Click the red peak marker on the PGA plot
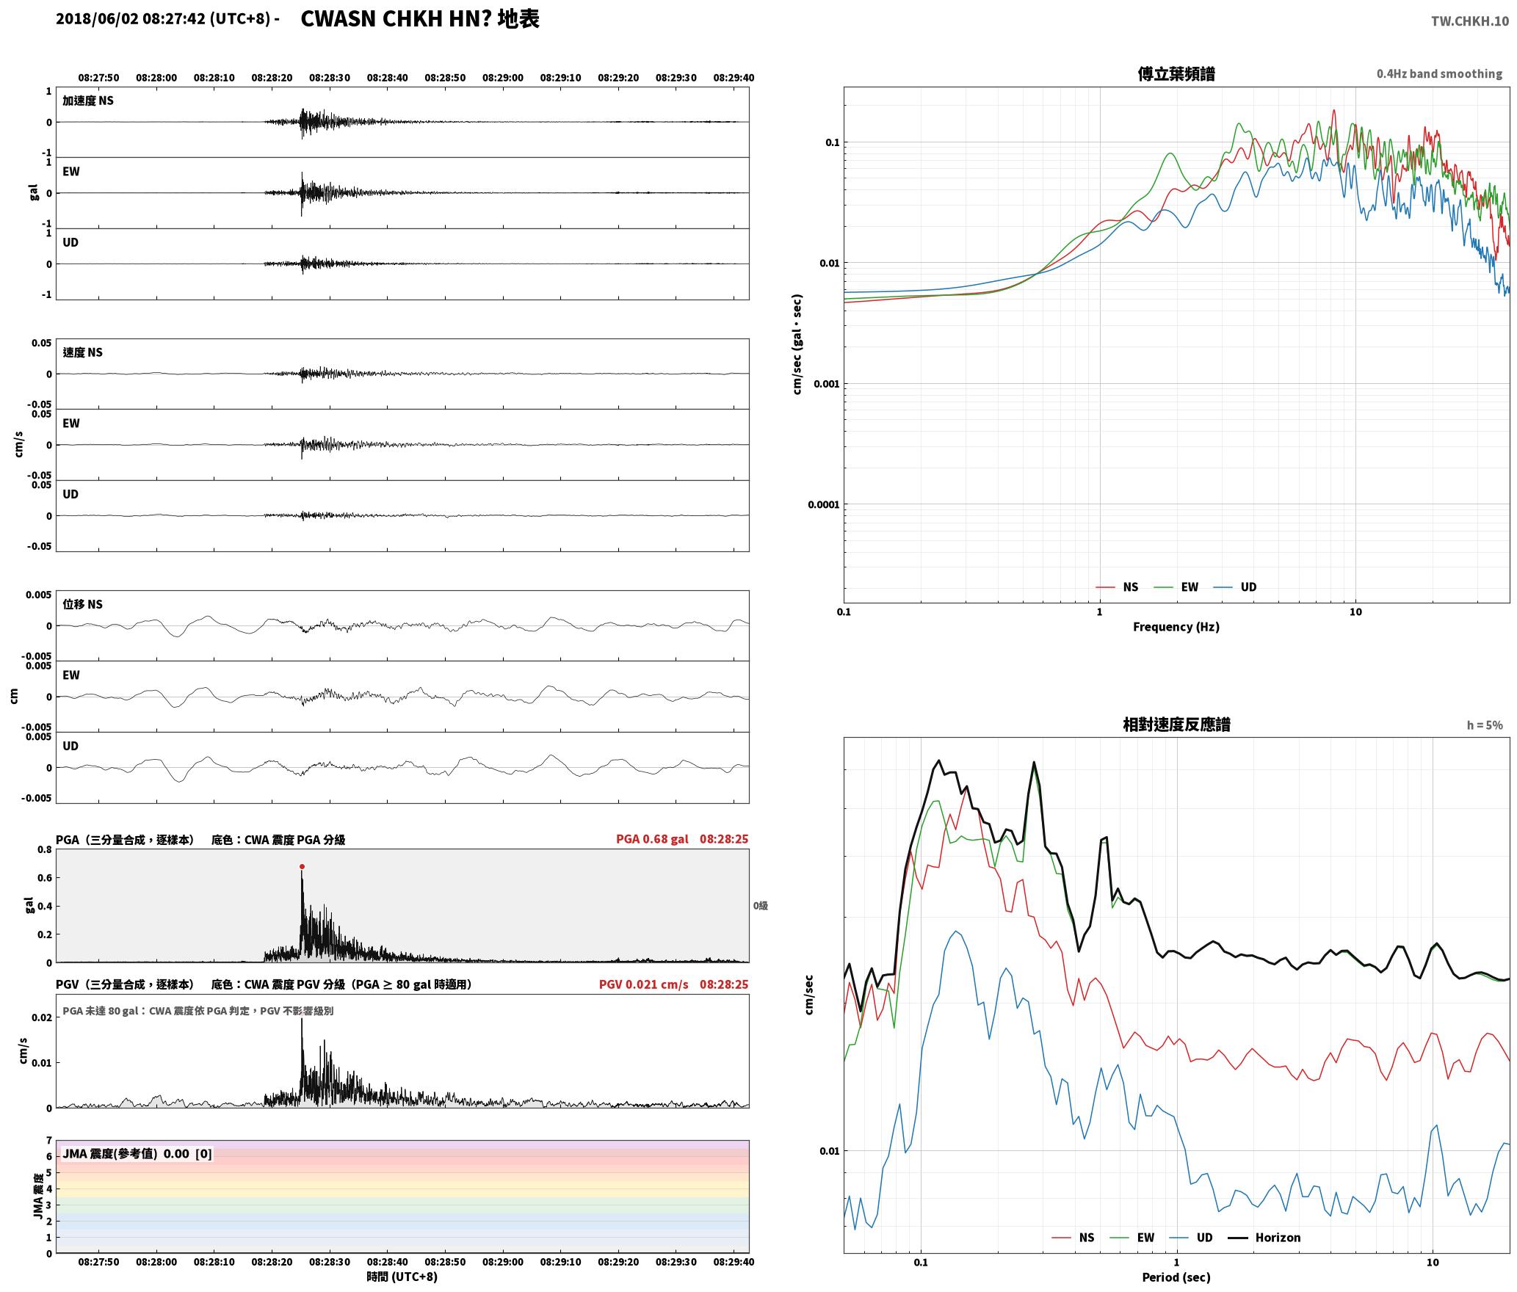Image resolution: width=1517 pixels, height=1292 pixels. pyautogui.click(x=302, y=867)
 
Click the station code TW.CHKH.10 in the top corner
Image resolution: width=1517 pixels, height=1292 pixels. pyautogui.click(x=1469, y=21)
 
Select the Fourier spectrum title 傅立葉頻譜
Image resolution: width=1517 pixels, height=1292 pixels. pyautogui.click(x=1176, y=74)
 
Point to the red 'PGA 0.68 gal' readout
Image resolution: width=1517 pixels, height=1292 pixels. pyautogui.click(x=652, y=839)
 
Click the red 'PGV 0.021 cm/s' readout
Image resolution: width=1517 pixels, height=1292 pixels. pyautogui.click(x=644, y=984)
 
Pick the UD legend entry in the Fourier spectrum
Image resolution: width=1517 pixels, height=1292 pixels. pyautogui.click(x=1235, y=587)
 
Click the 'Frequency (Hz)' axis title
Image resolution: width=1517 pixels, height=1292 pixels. pyautogui.click(x=1176, y=627)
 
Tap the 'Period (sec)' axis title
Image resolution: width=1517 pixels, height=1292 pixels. pyautogui.click(x=1176, y=1277)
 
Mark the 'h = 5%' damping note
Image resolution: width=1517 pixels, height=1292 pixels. pyautogui.click(x=1485, y=725)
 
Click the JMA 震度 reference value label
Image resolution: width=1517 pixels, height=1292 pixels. pyautogui.click(x=137, y=1154)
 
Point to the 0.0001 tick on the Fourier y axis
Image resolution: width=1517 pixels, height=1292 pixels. pyautogui.click(x=823, y=505)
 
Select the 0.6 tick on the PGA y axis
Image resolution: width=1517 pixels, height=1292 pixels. pyautogui.click(x=45, y=878)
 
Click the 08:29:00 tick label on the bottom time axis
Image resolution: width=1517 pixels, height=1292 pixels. pyautogui.click(x=503, y=1262)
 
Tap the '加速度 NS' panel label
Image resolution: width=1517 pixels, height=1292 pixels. pyautogui.click(x=88, y=101)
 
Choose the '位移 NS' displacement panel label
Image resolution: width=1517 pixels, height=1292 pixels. pyautogui.click(x=82, y=604)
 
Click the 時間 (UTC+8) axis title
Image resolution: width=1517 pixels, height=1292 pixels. pyautogui.click(x=402, y=1277)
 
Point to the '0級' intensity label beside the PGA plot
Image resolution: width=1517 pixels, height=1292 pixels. pyautogui.click(x=761, y=906)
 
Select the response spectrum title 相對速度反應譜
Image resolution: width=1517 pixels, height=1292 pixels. pyautogui.click(x=1176, y=725)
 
